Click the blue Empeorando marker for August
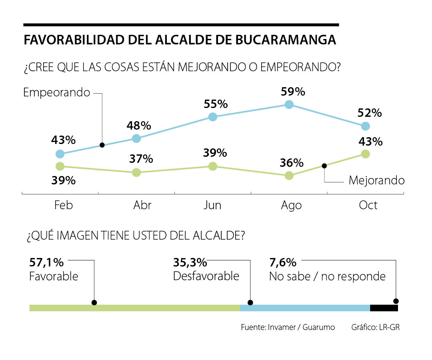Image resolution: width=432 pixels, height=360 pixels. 289,105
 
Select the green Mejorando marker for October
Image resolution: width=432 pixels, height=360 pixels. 365,154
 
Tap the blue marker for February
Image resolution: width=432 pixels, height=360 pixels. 60,154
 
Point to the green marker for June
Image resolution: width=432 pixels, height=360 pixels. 213,166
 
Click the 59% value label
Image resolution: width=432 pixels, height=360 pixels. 293,92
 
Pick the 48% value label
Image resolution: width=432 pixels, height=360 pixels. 139,126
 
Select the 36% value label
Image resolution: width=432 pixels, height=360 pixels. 292,163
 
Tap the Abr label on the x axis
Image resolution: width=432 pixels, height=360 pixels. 142,205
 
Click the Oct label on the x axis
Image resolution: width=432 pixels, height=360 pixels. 368,205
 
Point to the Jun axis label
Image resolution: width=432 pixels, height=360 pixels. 212,205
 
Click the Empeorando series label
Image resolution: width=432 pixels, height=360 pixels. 57,93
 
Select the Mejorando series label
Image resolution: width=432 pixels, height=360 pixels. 376,180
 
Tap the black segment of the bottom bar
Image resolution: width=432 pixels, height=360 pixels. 384,308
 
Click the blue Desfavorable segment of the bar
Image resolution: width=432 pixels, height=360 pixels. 305,308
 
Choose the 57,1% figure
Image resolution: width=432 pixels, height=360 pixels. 46,262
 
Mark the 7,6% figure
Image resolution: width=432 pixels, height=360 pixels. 283,262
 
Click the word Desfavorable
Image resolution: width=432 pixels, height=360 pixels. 206,276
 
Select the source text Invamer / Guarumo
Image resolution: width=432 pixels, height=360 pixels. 299,327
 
